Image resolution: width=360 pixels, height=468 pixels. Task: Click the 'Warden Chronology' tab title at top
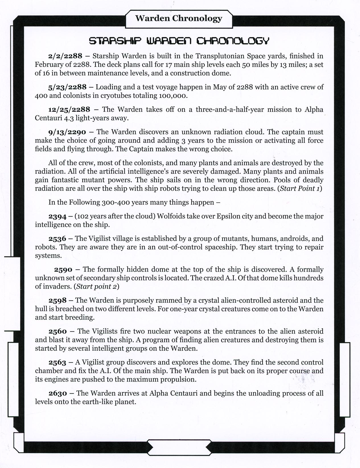[179, 19]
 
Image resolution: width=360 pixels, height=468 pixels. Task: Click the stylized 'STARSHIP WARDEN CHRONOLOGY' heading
[179, 41]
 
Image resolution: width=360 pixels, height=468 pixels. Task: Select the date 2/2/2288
[65, 56]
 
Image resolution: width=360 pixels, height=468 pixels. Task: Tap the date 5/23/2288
[67, 87]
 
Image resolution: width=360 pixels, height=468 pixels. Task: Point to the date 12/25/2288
[69, 109]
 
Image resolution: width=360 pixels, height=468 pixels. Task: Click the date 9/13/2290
[67, 132]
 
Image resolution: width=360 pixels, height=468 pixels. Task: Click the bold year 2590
[63, 269]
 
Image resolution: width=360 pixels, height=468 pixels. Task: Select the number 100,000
[173, 95]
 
